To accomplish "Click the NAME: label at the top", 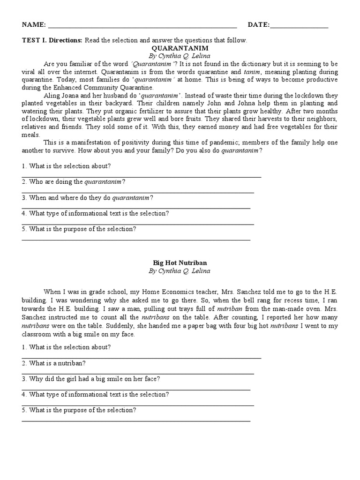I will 34,25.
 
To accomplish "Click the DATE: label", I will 259,25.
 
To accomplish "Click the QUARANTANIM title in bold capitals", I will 180,48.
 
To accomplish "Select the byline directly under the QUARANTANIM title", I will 180,56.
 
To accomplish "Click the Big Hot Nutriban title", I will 180,263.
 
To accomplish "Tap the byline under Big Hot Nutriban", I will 180,271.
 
